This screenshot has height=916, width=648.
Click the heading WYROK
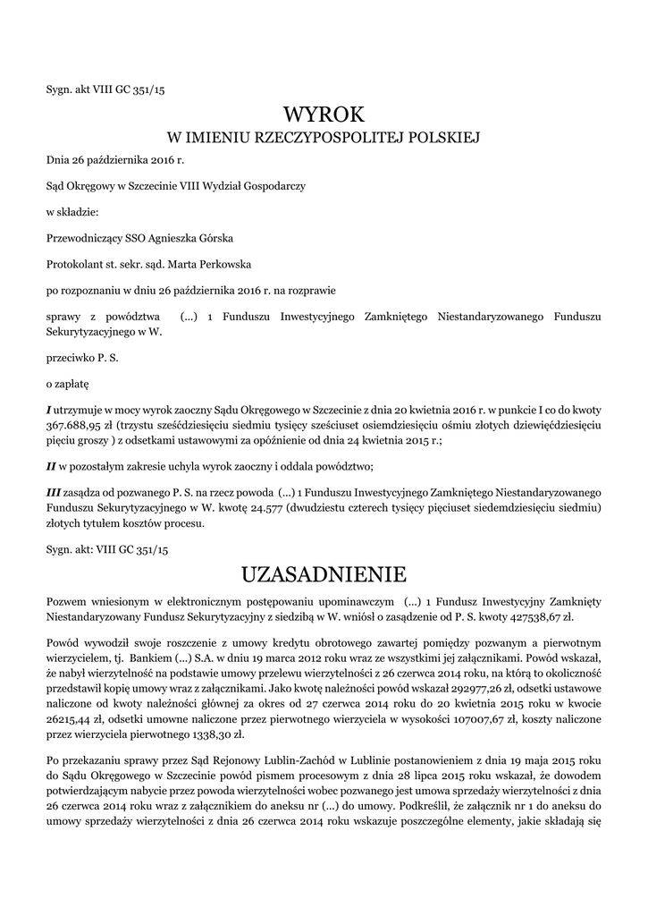[324, 114]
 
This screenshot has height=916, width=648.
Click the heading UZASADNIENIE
[324, 572]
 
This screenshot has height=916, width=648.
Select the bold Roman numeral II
[51, 466]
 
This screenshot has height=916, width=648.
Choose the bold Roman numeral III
[53, 493]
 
